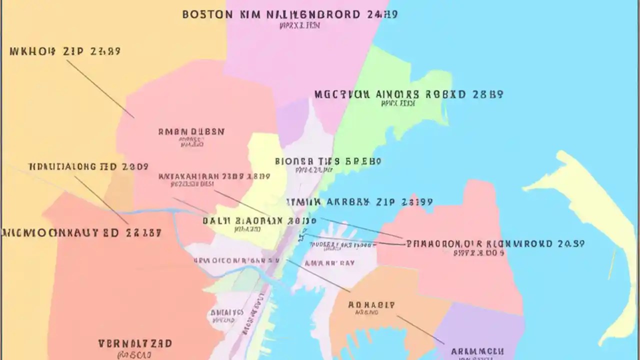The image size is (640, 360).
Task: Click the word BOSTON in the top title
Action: tap(207, 14)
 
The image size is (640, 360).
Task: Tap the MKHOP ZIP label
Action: tap(65, 51)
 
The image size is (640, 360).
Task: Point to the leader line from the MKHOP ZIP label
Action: tap(100, 89)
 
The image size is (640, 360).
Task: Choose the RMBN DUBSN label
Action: tap(191, 132)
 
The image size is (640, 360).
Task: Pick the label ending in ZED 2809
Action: tap(88, 167)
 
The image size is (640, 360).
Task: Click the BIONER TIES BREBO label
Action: tap(328, 161)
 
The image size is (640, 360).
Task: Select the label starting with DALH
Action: tap(259, 220)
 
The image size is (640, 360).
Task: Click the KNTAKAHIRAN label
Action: tap(214, 176)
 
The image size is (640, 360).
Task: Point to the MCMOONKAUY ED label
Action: tap(81, 232)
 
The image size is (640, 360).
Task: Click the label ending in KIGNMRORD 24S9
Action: tap(495, 244)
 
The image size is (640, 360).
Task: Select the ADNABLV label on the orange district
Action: tap(371, 304)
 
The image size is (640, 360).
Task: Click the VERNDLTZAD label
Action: tap(135, 343)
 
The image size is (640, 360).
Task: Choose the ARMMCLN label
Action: tap(477, 351)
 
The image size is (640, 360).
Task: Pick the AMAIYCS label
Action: tap(226, 312)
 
